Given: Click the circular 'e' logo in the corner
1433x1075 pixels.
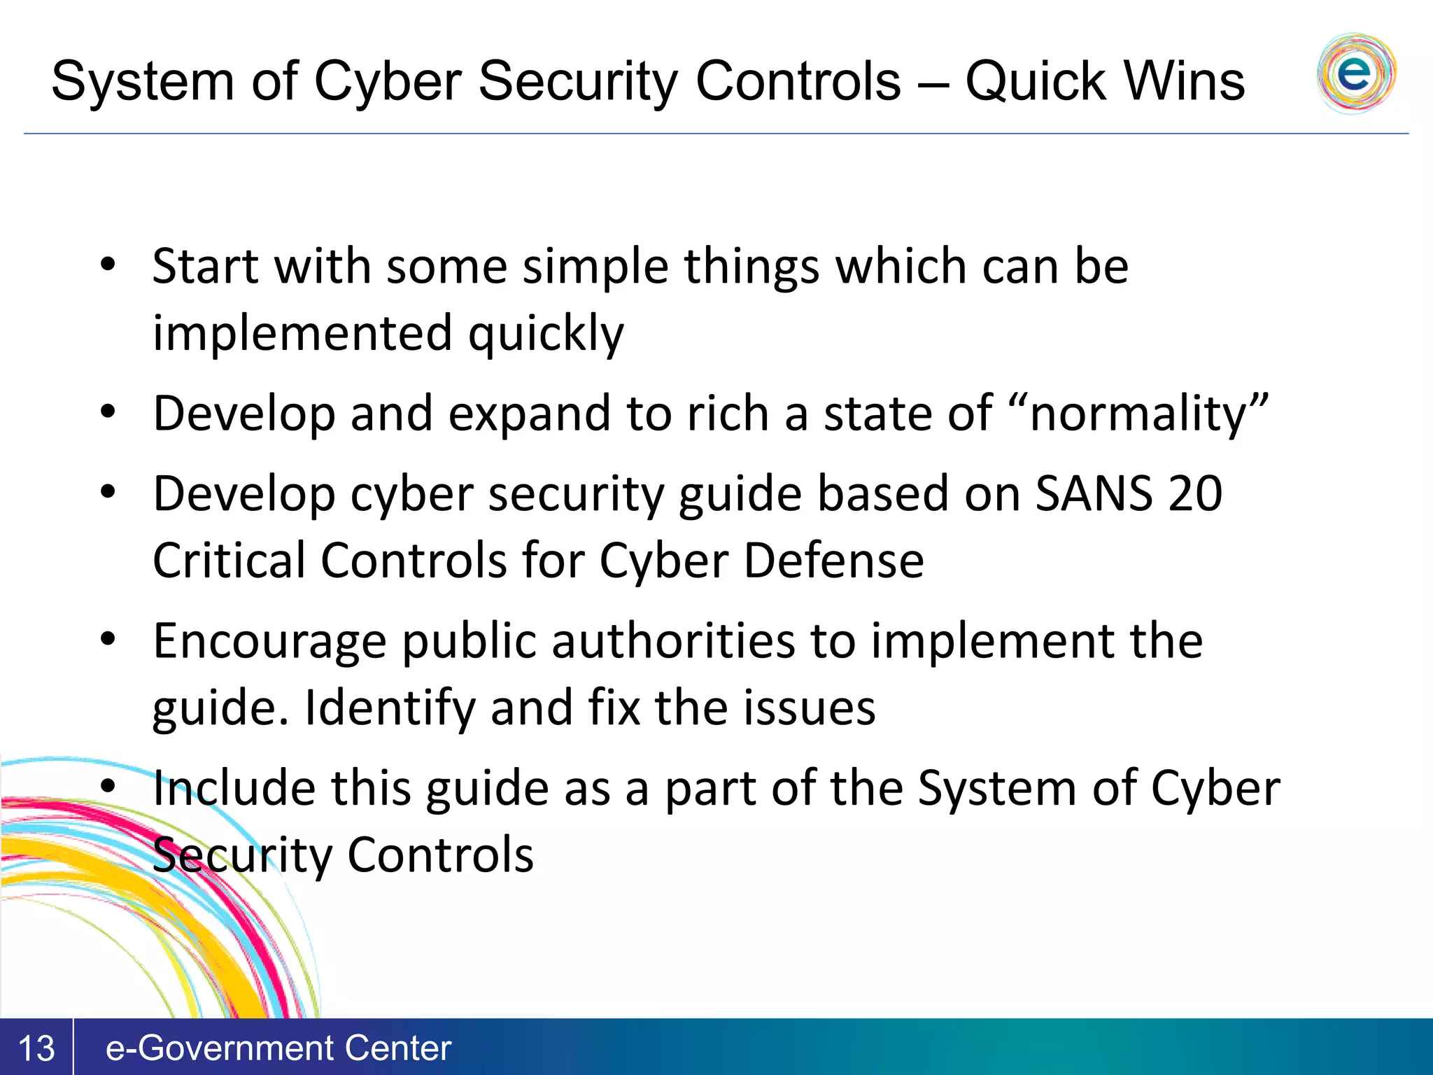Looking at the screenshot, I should (1355, 73).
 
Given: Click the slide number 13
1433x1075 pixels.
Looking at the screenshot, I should (36, 1048).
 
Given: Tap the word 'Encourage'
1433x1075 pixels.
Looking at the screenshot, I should (269, 641).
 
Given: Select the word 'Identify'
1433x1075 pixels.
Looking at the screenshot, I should (390, 708).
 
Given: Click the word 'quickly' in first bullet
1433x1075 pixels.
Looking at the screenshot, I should (546, 334).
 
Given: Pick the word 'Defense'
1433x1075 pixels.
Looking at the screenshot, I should (833, 561).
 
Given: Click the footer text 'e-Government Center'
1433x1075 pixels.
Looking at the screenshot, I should (278, 1048).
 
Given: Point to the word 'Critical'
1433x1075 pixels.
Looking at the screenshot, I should (229, 561).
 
